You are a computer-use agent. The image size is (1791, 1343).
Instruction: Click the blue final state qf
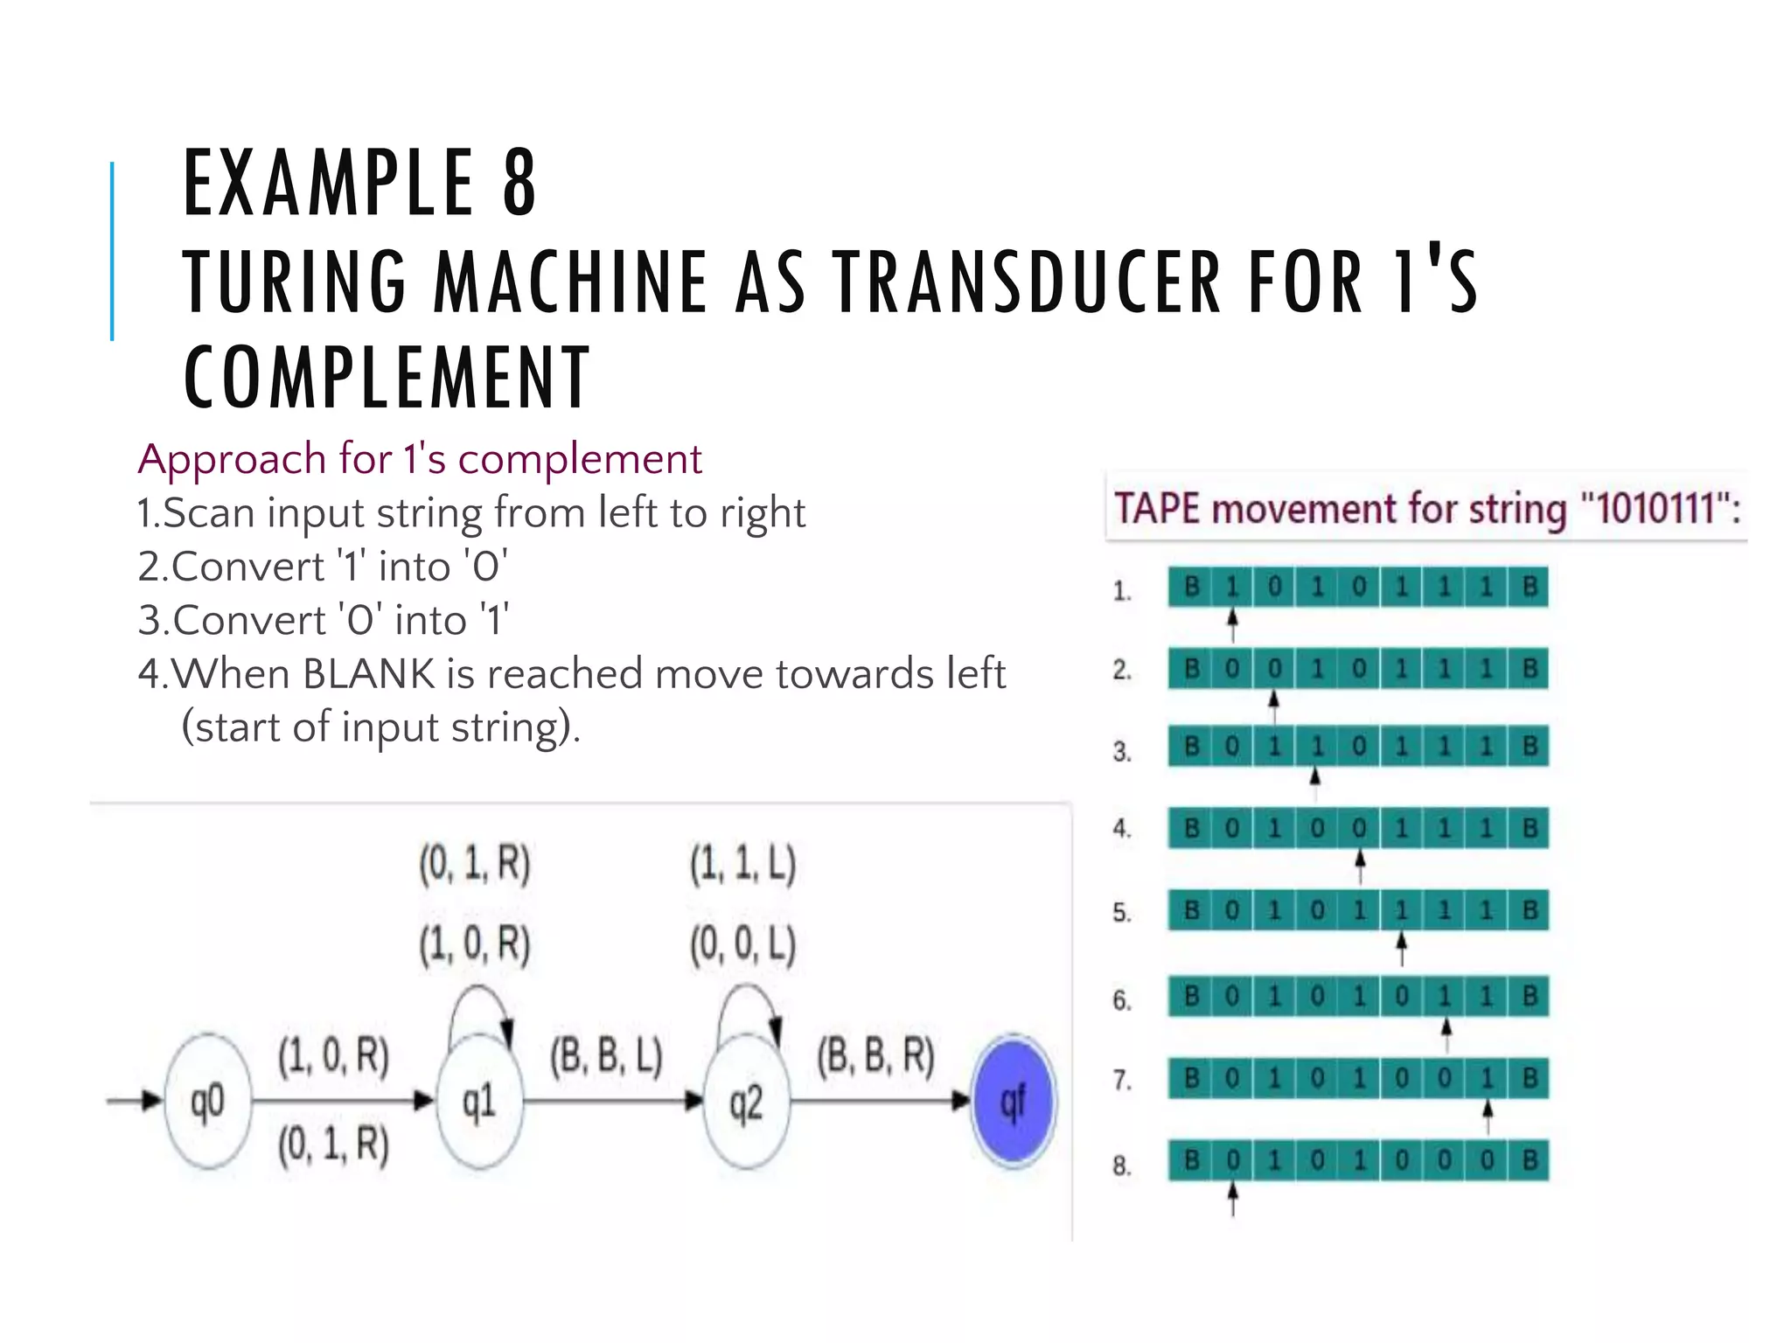click(1013, 1101)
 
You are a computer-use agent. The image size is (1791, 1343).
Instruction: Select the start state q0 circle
click(207, 1102)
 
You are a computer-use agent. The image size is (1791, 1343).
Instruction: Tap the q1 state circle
click(479, 1102)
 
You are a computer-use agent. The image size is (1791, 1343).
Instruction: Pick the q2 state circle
click(745, 1102)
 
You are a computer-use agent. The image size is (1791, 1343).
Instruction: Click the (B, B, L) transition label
click(606, 1057)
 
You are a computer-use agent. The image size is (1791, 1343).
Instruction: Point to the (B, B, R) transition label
click(875, 1057)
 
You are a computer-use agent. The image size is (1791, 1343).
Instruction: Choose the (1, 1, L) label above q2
click(742, 864)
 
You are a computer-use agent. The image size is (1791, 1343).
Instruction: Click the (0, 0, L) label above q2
click(742, 945)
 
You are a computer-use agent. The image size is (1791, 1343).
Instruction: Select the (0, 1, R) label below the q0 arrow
click(333, 1145)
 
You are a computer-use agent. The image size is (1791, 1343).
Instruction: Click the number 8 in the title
click(519, 183)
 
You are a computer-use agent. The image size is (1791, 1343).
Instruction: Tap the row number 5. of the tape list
click(1122, 913)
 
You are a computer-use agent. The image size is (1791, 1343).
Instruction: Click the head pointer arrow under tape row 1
click(1232, 624)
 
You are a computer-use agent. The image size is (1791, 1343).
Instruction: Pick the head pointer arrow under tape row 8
click(1232, 1199)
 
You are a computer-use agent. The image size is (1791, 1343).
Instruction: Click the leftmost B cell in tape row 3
click(1190, 747)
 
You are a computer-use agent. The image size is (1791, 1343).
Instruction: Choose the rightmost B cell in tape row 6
click(1529, 996)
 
